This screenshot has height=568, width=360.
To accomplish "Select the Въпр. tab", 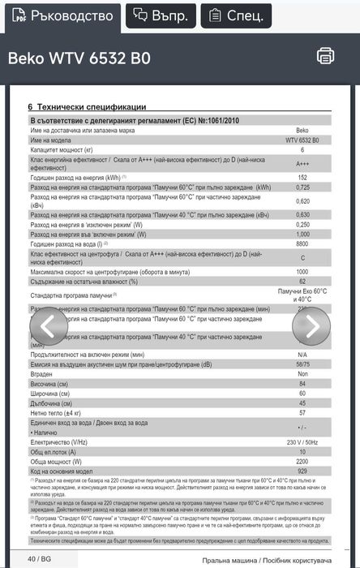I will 160,15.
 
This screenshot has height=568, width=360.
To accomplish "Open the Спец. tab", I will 236,15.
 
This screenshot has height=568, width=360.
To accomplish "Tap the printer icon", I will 325,55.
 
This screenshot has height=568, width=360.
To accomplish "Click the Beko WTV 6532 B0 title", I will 79,58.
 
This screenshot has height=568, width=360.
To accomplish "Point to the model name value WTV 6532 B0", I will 302,140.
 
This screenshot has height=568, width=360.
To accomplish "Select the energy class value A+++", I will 302,163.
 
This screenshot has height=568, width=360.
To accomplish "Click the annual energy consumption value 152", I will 302,177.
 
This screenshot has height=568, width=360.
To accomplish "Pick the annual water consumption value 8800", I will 302,243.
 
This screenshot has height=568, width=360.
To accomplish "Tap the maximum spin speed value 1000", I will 302,272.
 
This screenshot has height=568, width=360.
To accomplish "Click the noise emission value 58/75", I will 302,364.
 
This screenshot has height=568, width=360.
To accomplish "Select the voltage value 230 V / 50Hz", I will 302,442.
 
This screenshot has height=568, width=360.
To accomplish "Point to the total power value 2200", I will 302,462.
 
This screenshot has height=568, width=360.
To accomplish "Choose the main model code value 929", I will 302,471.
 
